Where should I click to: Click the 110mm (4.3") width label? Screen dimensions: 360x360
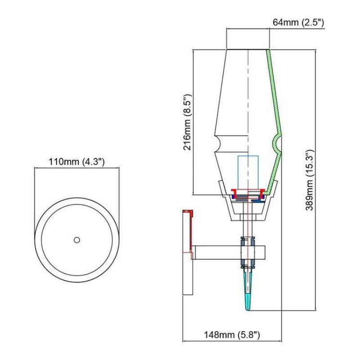[77, 162]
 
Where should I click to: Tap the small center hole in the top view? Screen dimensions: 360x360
[77, 240]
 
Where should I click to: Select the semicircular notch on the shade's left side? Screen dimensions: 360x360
[218, 144]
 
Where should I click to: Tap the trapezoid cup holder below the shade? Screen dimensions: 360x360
[248, 209]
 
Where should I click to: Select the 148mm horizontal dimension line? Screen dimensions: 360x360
[232, 341]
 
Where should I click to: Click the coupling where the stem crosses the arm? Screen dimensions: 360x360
[247, 252]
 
